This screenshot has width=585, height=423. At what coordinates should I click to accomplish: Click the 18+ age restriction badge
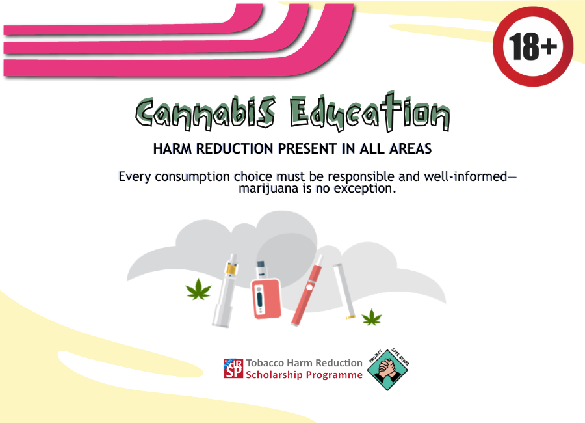point(533,46)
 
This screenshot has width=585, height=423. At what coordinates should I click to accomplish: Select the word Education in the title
point(370,115)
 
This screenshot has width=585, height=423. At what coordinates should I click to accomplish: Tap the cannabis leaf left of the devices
point(198,289)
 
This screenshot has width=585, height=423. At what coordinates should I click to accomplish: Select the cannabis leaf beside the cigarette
point(372,317)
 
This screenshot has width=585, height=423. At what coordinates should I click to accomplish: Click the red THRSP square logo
point(233,368)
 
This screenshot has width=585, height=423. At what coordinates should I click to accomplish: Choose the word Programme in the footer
point(334,375)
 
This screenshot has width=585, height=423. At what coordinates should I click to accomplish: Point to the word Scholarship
point(275,375)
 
